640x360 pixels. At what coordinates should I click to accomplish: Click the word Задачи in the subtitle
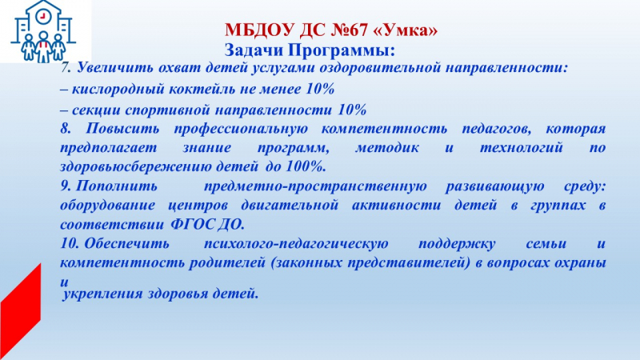(x=254, y=50)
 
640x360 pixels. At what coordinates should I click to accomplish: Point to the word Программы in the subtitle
(x=342, y=51)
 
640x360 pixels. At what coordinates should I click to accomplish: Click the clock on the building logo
(x=42, y=16)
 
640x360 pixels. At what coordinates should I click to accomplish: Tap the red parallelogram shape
(x=21, y=311)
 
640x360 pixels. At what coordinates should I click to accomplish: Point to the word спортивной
(x=168, y=110)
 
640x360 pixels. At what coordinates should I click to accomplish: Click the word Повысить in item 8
(x=122, y=129)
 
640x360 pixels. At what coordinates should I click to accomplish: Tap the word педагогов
(x=496, y=130)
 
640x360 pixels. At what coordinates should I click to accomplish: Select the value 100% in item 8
(x=306, y=166)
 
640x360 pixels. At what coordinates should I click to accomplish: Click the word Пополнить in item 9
(x=117, y=186)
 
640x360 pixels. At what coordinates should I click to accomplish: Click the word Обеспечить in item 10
(x=127, y=244)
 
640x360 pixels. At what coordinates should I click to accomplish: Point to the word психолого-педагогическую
(x=296, y=244)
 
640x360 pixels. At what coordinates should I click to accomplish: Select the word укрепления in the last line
(x=102, y=294)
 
